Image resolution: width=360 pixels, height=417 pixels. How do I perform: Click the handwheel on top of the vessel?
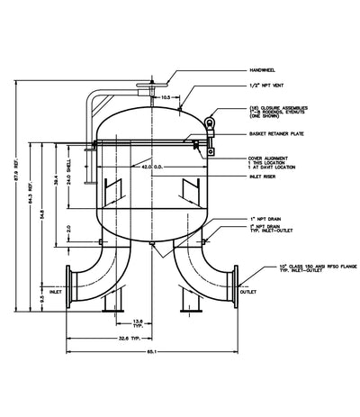pyautogui.click(x=147, y=87)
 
